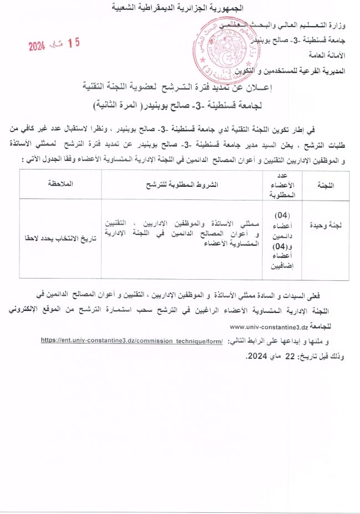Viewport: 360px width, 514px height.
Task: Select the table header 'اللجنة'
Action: coord(330,184)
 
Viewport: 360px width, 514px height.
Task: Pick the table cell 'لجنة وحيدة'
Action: coord(330,225)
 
